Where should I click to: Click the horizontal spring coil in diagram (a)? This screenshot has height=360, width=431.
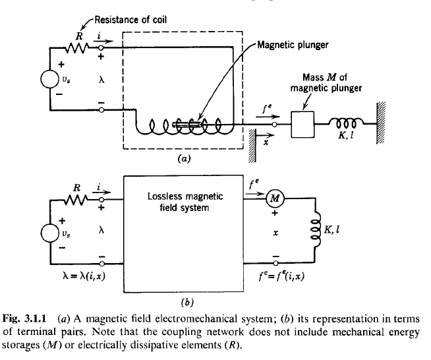point(347,123)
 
